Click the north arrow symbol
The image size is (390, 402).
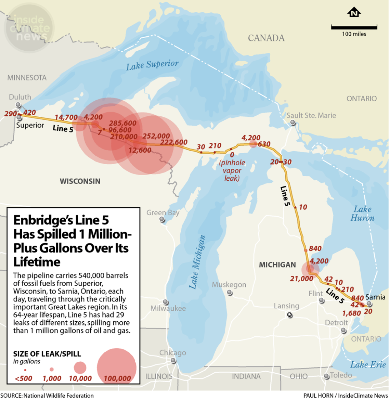click(354, 13)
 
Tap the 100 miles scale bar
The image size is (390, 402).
click(354, 27)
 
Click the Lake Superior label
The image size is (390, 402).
click(152, 65)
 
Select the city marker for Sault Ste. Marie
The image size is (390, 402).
click(293, 122)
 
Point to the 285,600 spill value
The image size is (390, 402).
click(122, 123)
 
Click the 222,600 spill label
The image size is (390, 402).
click(174, 142)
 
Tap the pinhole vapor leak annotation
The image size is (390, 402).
click(232, 170)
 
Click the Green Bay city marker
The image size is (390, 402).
click(162, 220)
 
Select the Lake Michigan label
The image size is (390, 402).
click(197, 262)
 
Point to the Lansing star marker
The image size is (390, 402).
click(290, 315)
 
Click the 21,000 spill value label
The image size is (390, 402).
click(301, 279)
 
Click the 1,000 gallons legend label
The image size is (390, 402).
click(52, 378)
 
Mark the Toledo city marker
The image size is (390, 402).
click(326, 376)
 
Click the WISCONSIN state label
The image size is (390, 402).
click(80, 181)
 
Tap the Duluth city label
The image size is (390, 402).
click(20, 97)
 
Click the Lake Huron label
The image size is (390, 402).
click(362, 213)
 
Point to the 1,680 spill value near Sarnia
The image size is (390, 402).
click(351, 313)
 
